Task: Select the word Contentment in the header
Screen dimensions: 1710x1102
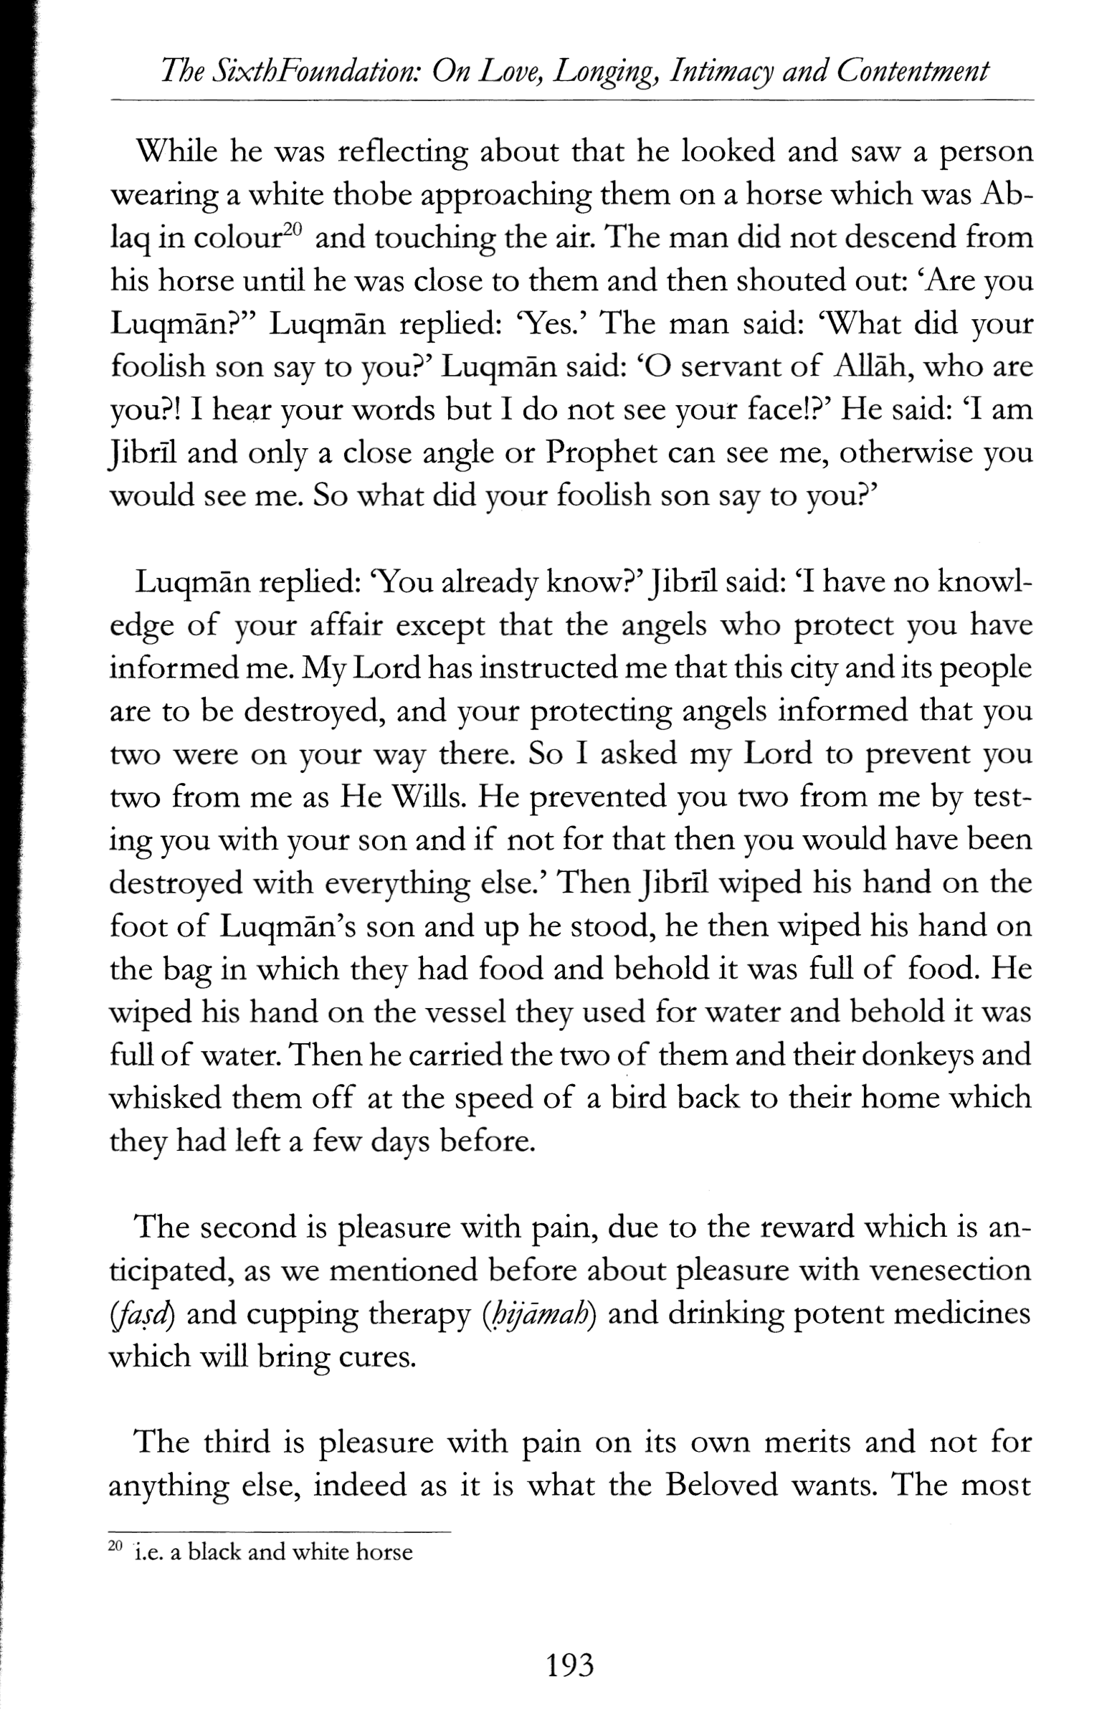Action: [912, 72]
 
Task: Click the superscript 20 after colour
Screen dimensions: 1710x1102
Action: [293, 231]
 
